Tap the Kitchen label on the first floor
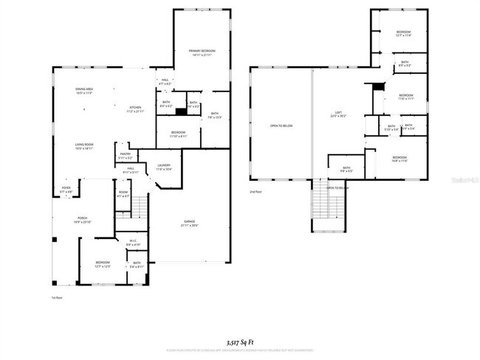[135, 108]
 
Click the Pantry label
[126, 155]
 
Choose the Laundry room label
[164, 167]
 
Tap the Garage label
[189, 223]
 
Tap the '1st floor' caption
[55, 297]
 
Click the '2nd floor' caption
[256, 191]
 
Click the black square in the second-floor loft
[379, 87]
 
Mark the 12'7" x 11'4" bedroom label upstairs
[403, 33]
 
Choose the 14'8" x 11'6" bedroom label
[400, 159]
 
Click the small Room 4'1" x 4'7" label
[123, 195]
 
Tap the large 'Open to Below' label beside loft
[281, 126]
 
